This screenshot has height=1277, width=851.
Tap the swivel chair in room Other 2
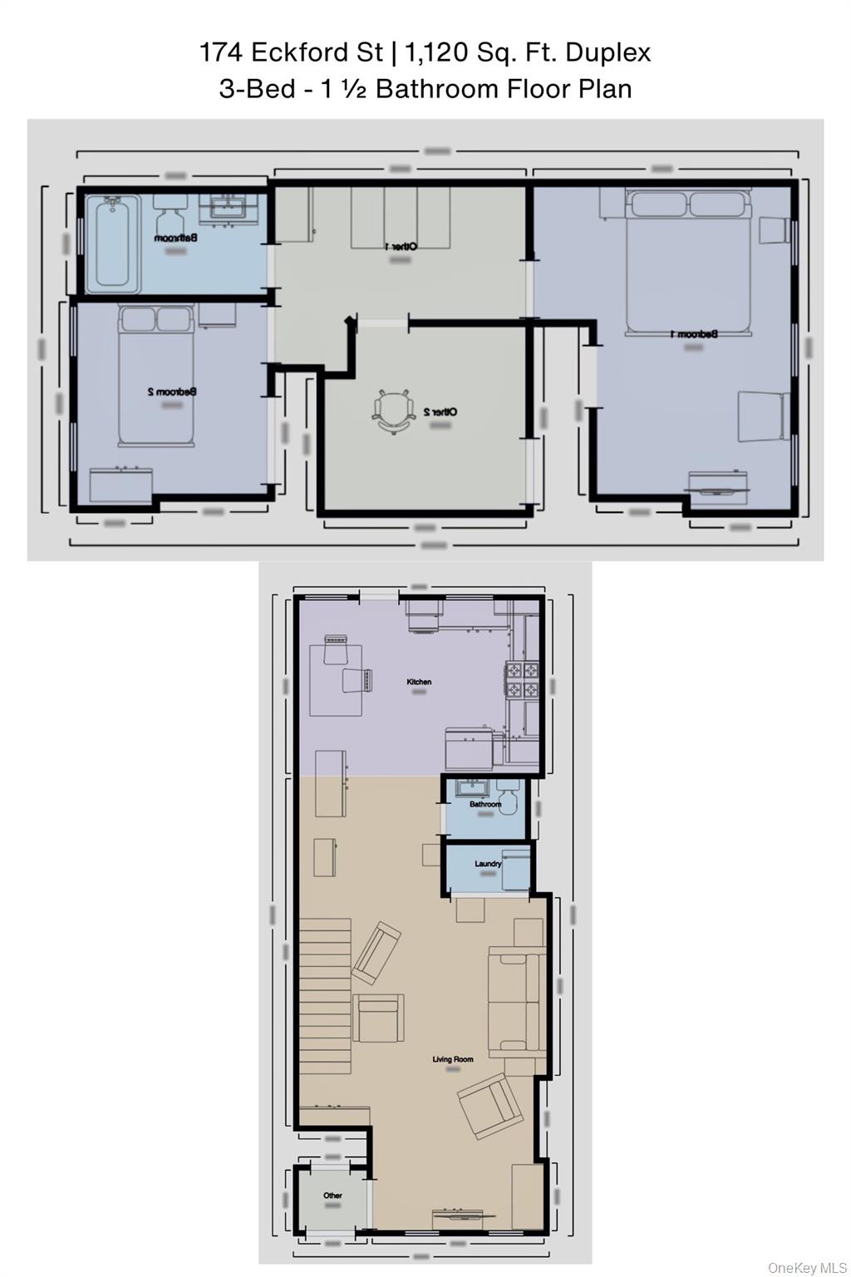pyautogui.click(x=391, y=411)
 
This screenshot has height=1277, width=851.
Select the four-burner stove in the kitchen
pyautogui.click(x=524, y=679)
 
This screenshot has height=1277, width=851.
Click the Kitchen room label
pyautogui.click(x=419, y=682)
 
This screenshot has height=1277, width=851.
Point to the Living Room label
pyautogui.click(x=453, y=1058)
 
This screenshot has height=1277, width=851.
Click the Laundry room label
pyautogui.click(x=488, y=864)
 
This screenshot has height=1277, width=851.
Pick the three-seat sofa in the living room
pyautogui.click(x=516, y=1002)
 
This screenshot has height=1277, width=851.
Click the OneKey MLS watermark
pyautogui.click(x=805, y=1267)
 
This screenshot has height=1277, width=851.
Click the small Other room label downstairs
pyautogui.click(x=332, y=1196)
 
